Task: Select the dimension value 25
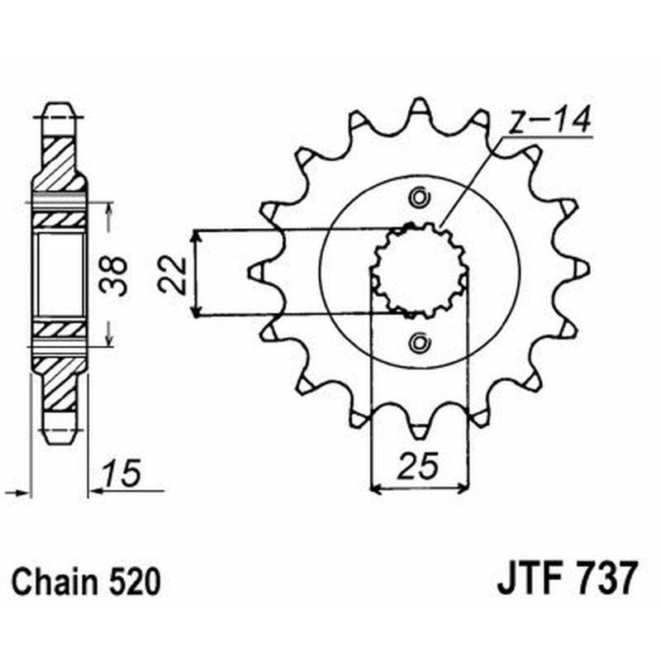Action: click(x=419, y=468)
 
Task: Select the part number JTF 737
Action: click(x=567, y=578)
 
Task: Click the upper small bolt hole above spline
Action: click(x=419, y=197)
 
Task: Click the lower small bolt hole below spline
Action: click(x=419, y=340)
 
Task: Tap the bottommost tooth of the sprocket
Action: click(x=420, y=430)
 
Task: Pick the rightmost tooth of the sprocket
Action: click(x=583, y=268)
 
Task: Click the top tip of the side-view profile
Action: click(x=58, y=107)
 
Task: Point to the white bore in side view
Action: click(x=61, y=273)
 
